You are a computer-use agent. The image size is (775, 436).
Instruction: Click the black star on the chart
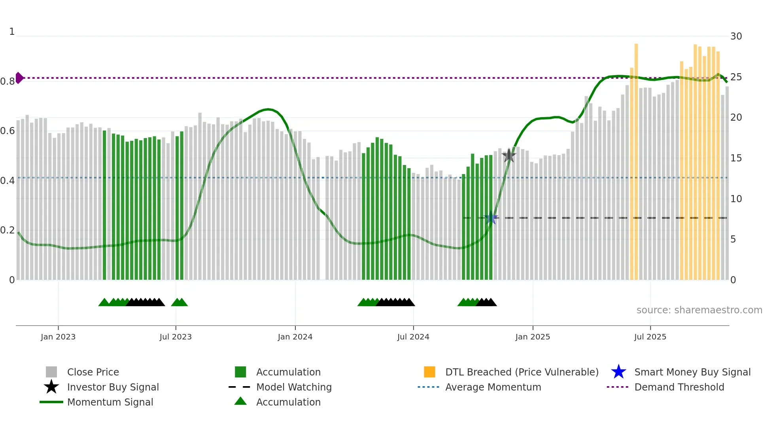(x=509, y=155)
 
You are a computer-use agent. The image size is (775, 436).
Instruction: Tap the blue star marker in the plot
(x=491, y=218)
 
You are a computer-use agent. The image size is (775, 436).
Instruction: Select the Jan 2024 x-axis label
(x=295, y=337)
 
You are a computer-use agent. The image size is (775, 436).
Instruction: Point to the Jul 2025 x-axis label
(x=650, y=337)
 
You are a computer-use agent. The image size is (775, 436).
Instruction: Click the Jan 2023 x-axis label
(x=58, y=337)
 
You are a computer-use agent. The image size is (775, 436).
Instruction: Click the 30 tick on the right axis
(x=736, y=36)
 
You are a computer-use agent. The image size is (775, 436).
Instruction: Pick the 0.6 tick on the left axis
(x=8, y=131)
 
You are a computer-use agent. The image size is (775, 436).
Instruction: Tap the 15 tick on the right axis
(x=736, y=158)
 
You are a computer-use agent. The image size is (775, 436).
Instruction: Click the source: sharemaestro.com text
(x=699, y=310)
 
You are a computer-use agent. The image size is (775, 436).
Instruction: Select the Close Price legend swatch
(x=51, y=372)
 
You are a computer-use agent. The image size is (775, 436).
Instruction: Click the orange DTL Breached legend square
(x=429, y=372)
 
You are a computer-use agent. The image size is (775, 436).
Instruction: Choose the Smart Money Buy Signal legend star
(x=618, y=372)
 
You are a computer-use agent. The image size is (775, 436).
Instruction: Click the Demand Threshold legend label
(x=679, y=387)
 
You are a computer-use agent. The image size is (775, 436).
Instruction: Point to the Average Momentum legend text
(x=493, y=387)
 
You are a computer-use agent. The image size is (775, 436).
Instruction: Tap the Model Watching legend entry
(x=293, y=387)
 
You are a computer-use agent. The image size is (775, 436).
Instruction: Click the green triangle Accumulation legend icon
(x=240, y=401)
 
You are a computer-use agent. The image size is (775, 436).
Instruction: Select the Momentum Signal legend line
(x=51, y=402)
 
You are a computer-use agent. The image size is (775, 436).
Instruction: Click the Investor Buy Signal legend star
(x=51, y=387)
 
